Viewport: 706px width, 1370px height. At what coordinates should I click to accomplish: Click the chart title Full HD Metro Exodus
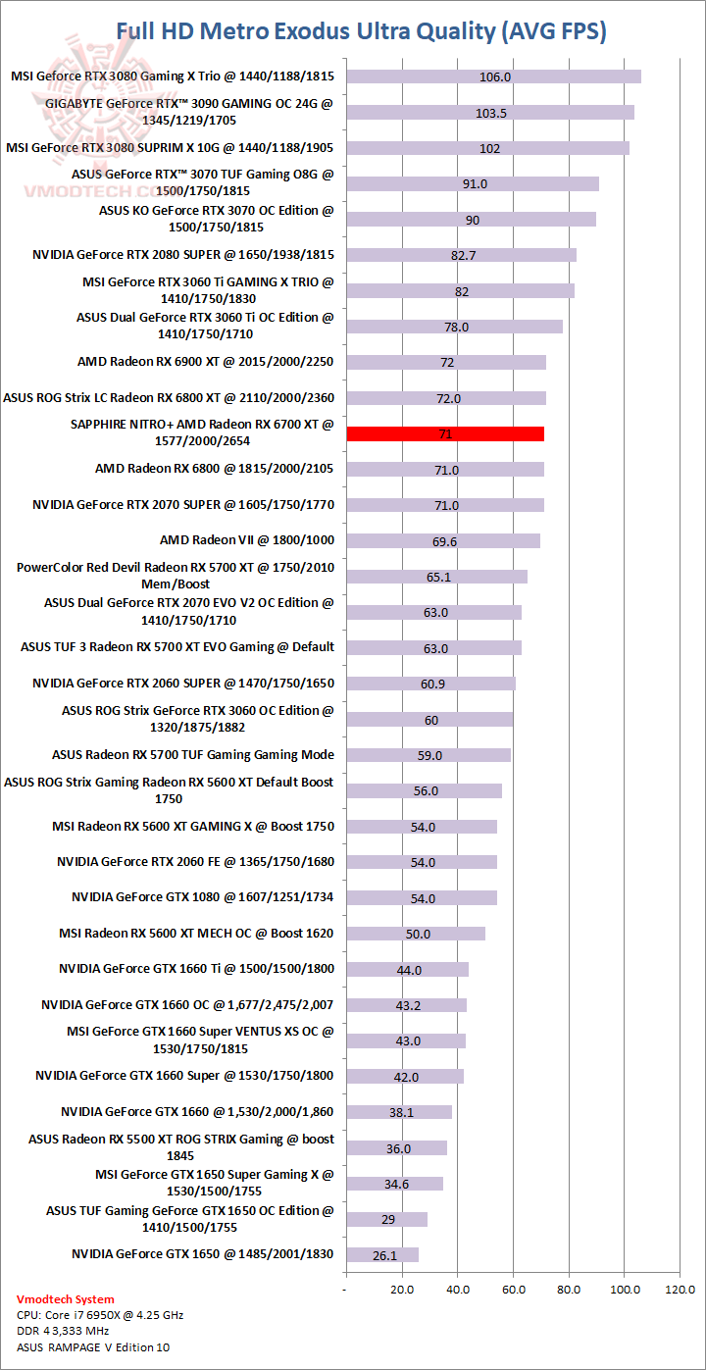point(362,31)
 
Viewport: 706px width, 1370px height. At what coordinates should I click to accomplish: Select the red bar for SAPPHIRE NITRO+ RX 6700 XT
point(445,433)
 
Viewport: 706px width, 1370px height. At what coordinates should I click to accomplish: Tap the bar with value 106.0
point(494,76)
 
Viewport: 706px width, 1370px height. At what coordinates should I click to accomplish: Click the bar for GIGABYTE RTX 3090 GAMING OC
point(490,113)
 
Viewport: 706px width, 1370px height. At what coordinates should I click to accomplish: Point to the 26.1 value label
point(383,1255)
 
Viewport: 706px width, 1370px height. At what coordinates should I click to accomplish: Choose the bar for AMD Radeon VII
point(443,541)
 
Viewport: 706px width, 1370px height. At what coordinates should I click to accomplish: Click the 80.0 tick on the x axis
point(569,1288)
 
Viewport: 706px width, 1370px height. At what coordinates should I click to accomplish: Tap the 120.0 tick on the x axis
point(680,1288)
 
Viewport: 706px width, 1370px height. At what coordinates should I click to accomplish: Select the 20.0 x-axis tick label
point(402,1288)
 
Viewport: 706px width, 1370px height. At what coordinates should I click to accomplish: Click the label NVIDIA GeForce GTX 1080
point(203,897)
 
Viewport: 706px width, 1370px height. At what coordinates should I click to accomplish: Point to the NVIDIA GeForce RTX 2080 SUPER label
point(183,255)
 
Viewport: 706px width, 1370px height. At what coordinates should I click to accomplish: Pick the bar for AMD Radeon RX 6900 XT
point(446,363)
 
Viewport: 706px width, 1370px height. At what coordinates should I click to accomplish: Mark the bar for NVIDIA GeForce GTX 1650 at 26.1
point(382,1255)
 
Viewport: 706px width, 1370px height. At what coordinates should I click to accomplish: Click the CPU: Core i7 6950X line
point(100,1315)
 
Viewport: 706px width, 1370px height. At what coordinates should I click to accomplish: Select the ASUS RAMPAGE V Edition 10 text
point(93,1347)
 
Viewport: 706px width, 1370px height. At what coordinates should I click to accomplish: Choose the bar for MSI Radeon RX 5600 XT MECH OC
point(416,934)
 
